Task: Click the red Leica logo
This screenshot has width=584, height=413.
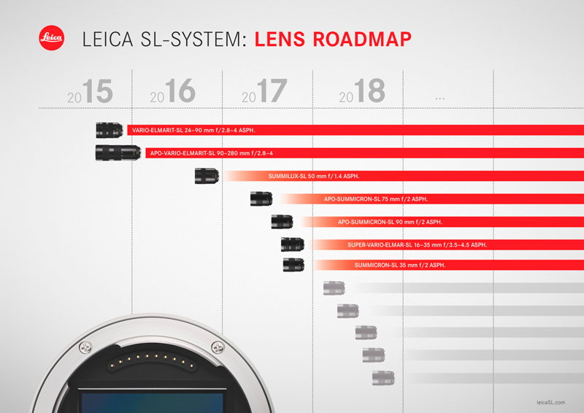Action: [x=51, y=38]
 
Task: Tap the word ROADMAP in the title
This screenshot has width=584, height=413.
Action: [x=362, y=39]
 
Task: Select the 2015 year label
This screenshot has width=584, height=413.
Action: [x=90, y=91]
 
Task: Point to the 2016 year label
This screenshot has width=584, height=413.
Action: [x=173, y=90]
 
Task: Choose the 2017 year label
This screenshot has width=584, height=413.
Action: [x=264, y=91]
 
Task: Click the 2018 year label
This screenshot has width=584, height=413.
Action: [x=362, y=90]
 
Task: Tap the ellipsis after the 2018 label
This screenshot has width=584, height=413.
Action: [x=440, y=99]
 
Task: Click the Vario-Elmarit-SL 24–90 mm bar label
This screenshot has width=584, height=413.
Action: [x=193, y=131]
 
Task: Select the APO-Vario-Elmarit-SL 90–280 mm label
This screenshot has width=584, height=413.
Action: [x=212, y=153]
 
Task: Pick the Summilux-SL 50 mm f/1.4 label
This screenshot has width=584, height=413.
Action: [x=314, y=176]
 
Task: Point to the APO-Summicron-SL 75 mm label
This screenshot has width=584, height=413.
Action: [x=376, y=199]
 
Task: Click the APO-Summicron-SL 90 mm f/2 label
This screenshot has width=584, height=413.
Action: [x=390, y=222]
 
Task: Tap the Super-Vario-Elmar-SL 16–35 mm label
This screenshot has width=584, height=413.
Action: [x=417, y=245]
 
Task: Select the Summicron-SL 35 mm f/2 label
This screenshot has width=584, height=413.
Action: [x=400, y=265]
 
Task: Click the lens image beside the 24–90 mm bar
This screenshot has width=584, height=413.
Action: [x=109, y=130]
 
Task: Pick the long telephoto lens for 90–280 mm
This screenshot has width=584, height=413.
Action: [x=118, y=153]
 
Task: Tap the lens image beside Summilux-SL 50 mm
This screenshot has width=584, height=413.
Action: [x=207, y=176]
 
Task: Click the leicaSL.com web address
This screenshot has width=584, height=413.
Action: [x=551, y=402]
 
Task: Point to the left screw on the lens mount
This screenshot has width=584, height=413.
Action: [x=85, y=348]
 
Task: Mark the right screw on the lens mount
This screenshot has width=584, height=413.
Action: [x=218, y=347]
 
